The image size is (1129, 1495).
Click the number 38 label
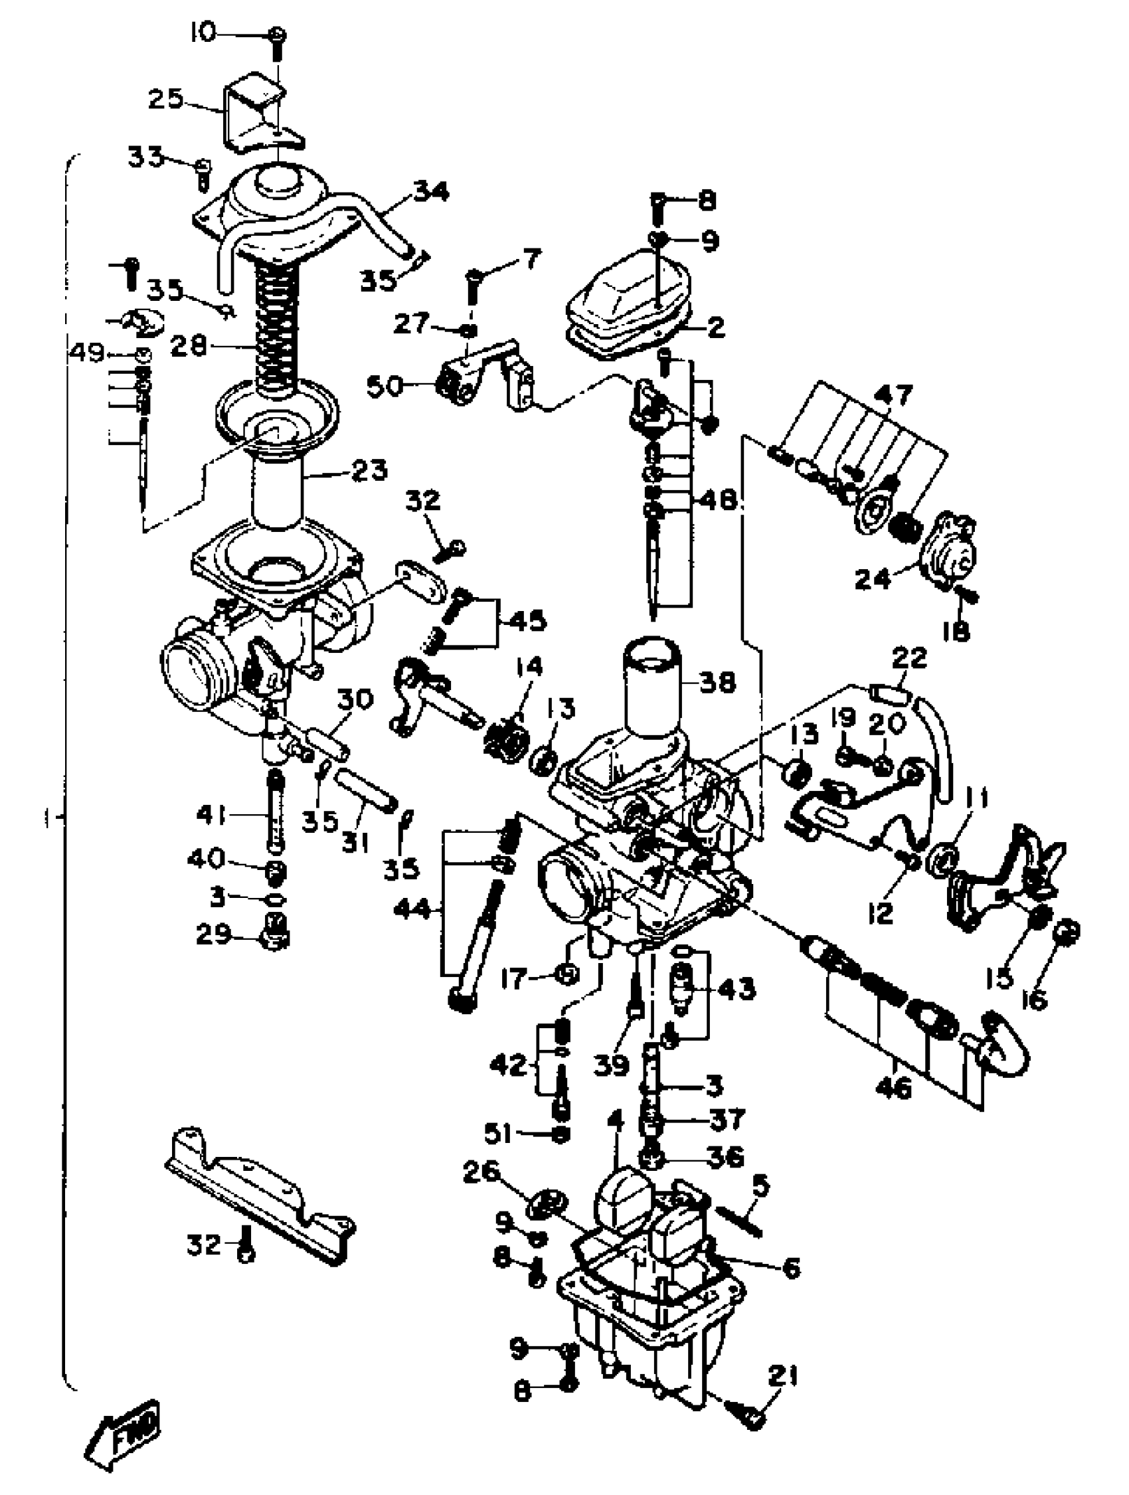click(x=717, y=683)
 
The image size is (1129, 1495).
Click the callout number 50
click(x=385, y=387)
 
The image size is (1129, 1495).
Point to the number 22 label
click(x=909, y=657)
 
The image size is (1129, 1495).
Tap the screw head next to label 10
click(x=277, y=35)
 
